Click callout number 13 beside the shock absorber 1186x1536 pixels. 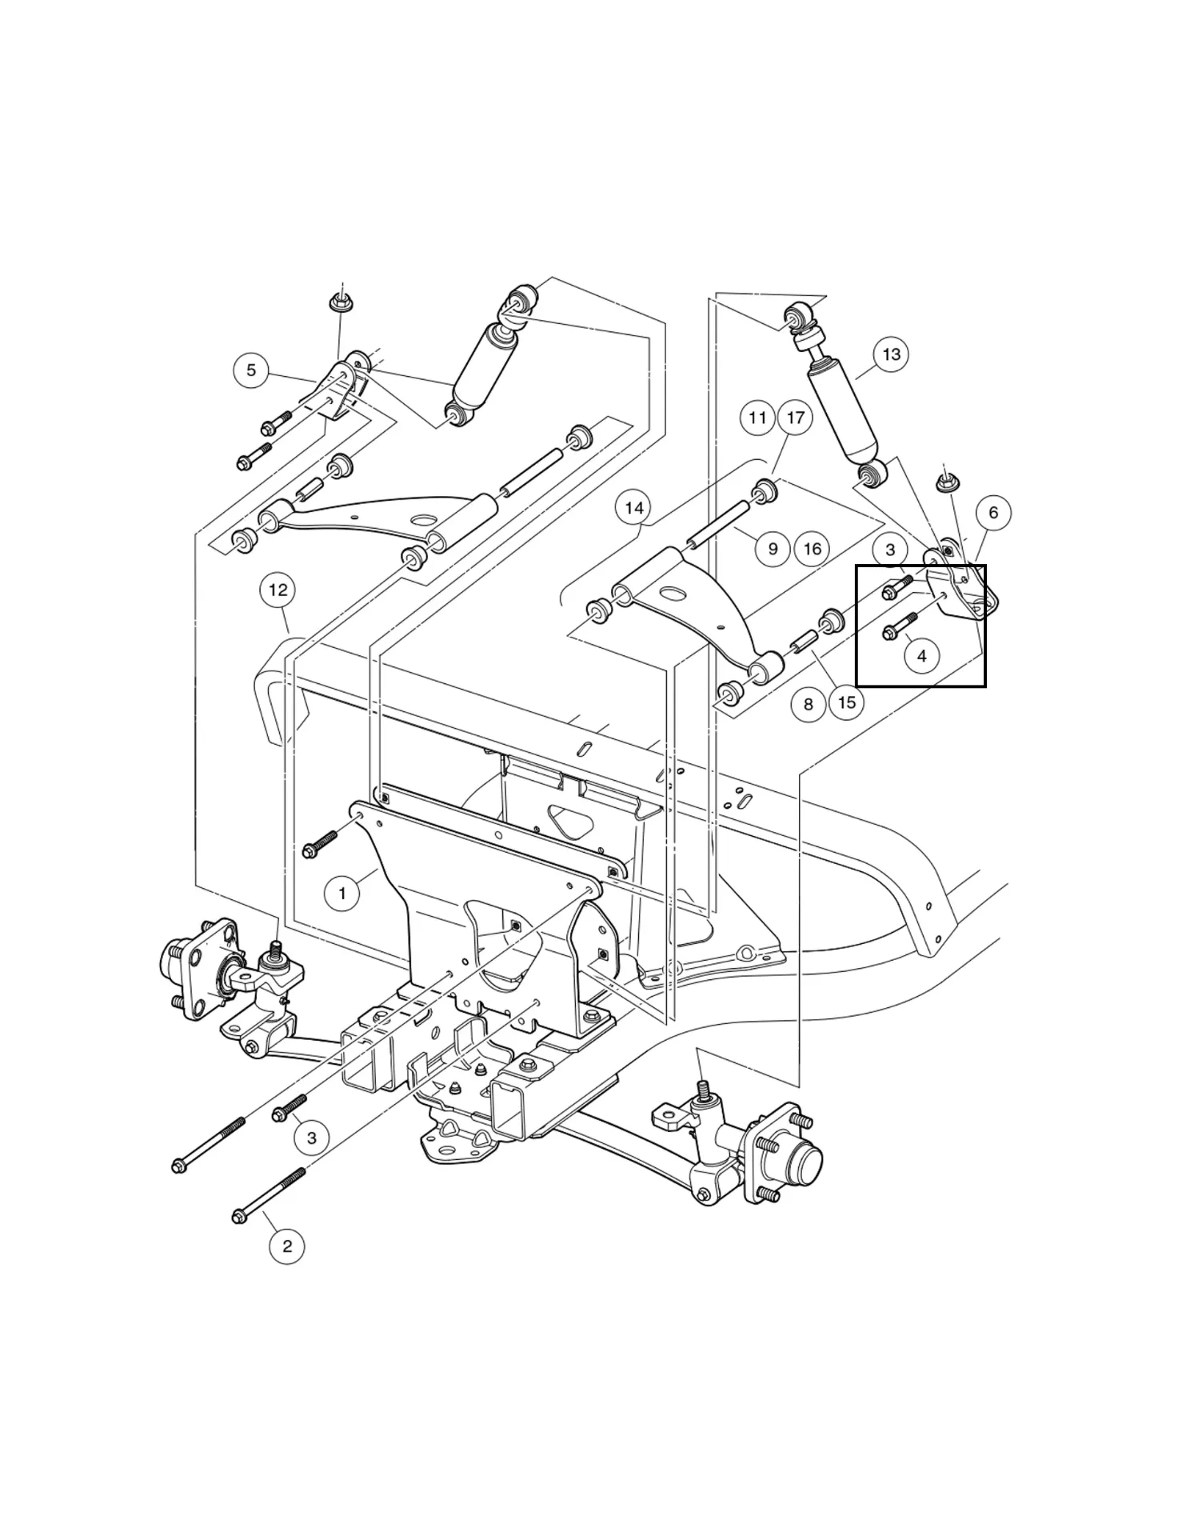pyautogui.click(x=891, y=354)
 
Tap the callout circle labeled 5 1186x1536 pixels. pyautogui.click(x=251, y=370)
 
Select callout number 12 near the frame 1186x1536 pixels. pyautogui.click(x=278, y=590)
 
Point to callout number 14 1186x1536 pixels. pyautogui.click(x=633, y=508)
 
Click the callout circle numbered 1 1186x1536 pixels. pyautogui.click(x=342, y=893)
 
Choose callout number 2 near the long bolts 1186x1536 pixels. pyautogui.click(x=287, y=1246)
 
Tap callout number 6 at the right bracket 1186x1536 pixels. pyautogui.click(x=993, y=513)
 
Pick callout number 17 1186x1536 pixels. pyautogui.click(x=795, y=418)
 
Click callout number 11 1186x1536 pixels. pyautogui.click(x=757, y=418)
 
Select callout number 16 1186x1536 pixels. pyautogui.click(x=812, y=549)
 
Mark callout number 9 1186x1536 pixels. pyautogui.click(x=773, y=549)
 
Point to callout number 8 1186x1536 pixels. pyautogui.click(x=809, y=704)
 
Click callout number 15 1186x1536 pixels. pyautogui.click(x=847, y=702)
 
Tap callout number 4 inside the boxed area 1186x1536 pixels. pyautogui.click(x=922, y=656)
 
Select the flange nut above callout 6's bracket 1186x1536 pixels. pyautogui.click(x=948, y=483)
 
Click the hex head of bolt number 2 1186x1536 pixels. pyautogui.click(x=238, y=1217)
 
